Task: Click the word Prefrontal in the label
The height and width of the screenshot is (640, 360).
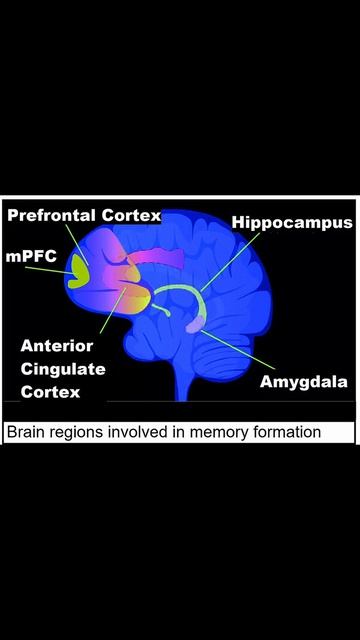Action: pos(52,216)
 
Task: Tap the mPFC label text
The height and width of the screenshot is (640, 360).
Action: pos(31,257)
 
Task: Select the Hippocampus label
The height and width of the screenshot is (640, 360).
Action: pos(292,223)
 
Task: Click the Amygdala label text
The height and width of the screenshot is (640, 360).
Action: pos(304,382)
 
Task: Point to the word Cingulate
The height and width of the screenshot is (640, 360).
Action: pos(63,370)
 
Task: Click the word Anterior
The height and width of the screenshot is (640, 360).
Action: pos(57,346)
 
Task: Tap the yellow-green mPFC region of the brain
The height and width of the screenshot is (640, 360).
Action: pos(78,271)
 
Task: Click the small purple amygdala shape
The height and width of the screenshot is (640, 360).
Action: pos(195,325)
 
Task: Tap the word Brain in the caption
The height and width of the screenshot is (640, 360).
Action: pos(24,432)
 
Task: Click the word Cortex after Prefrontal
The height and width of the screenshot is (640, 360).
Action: pos(131,216)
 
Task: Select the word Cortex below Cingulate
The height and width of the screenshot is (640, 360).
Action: pos(50,392)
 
